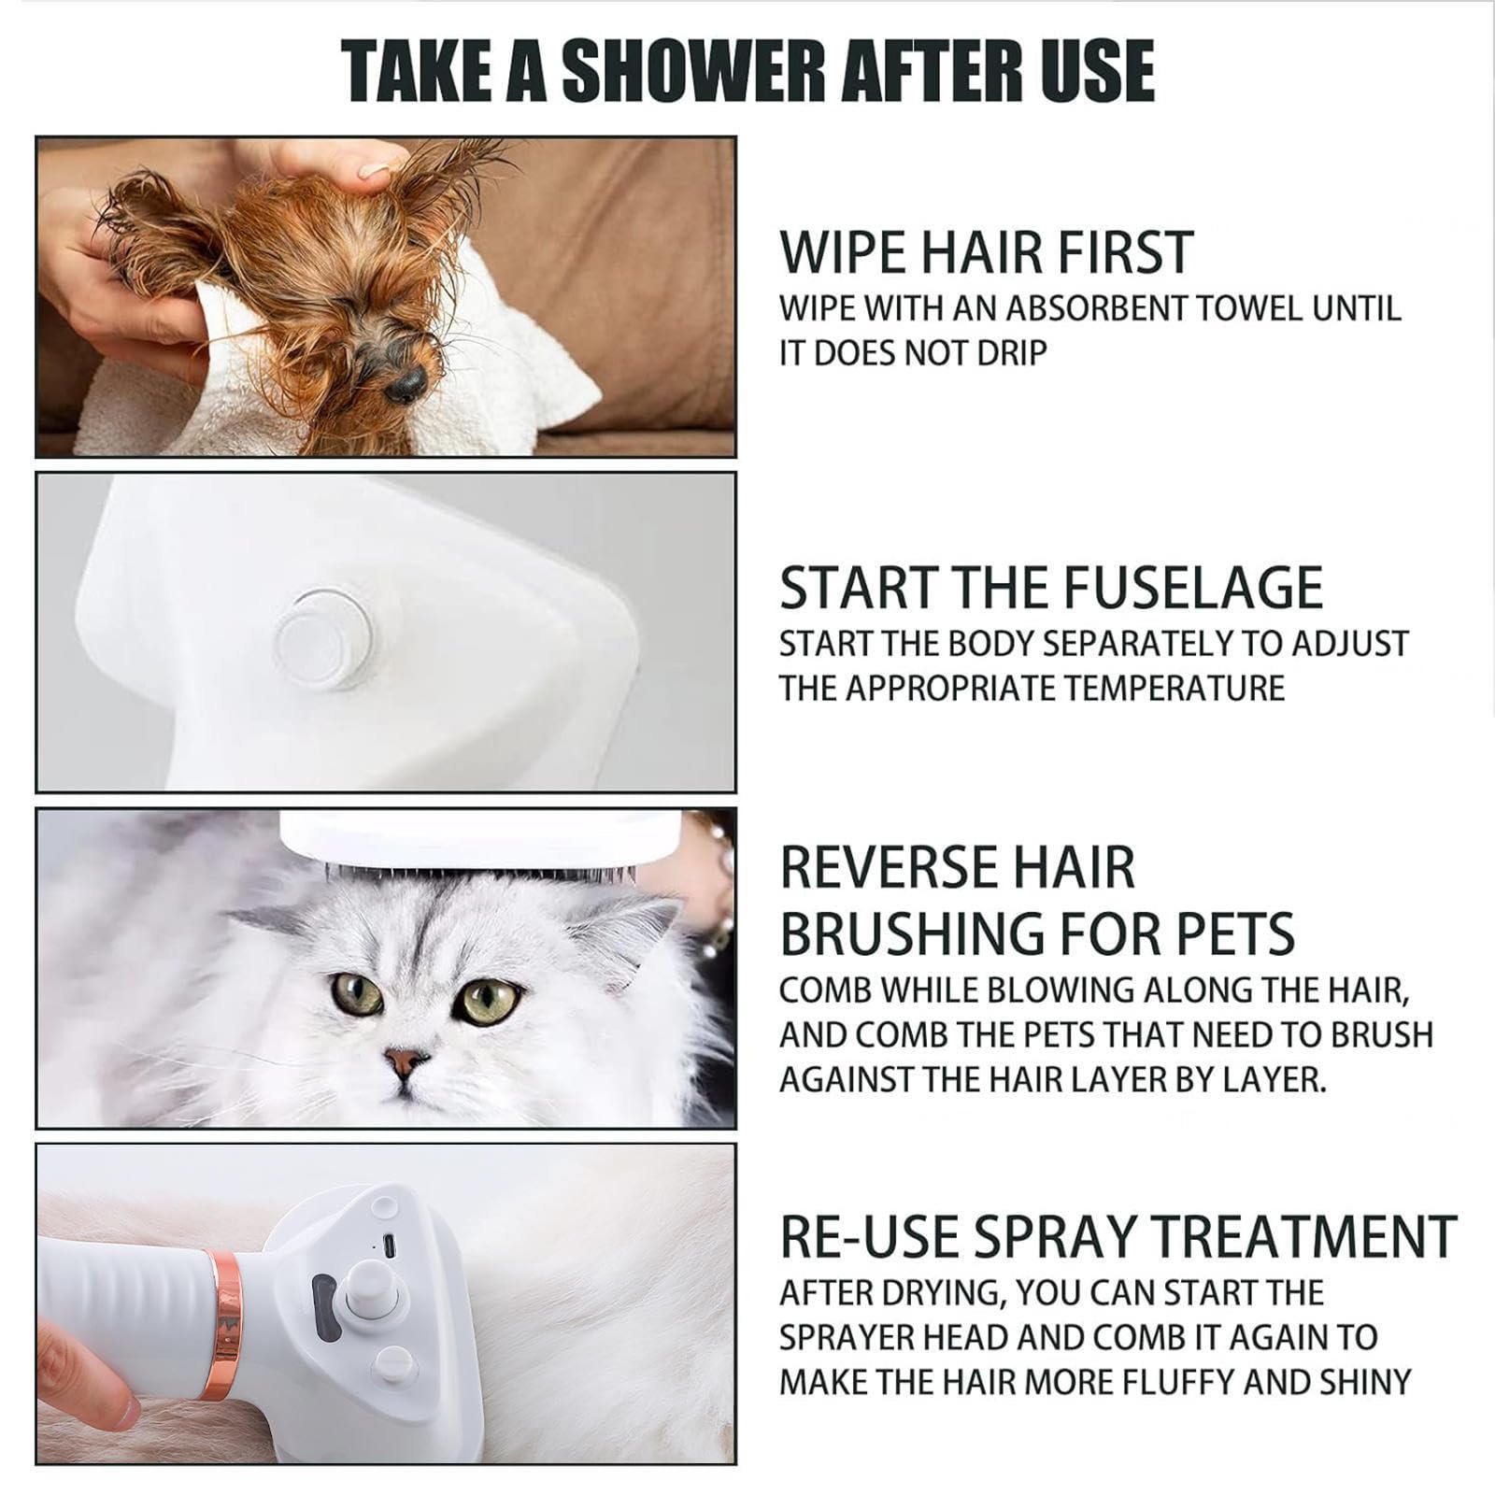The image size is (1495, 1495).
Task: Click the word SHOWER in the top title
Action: tap(692, 71)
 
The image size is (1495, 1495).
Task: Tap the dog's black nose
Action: tap(405, 381)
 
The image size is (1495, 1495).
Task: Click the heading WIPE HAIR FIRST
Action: tap(986, 252)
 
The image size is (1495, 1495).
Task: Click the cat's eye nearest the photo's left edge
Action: tap(358, 993)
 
